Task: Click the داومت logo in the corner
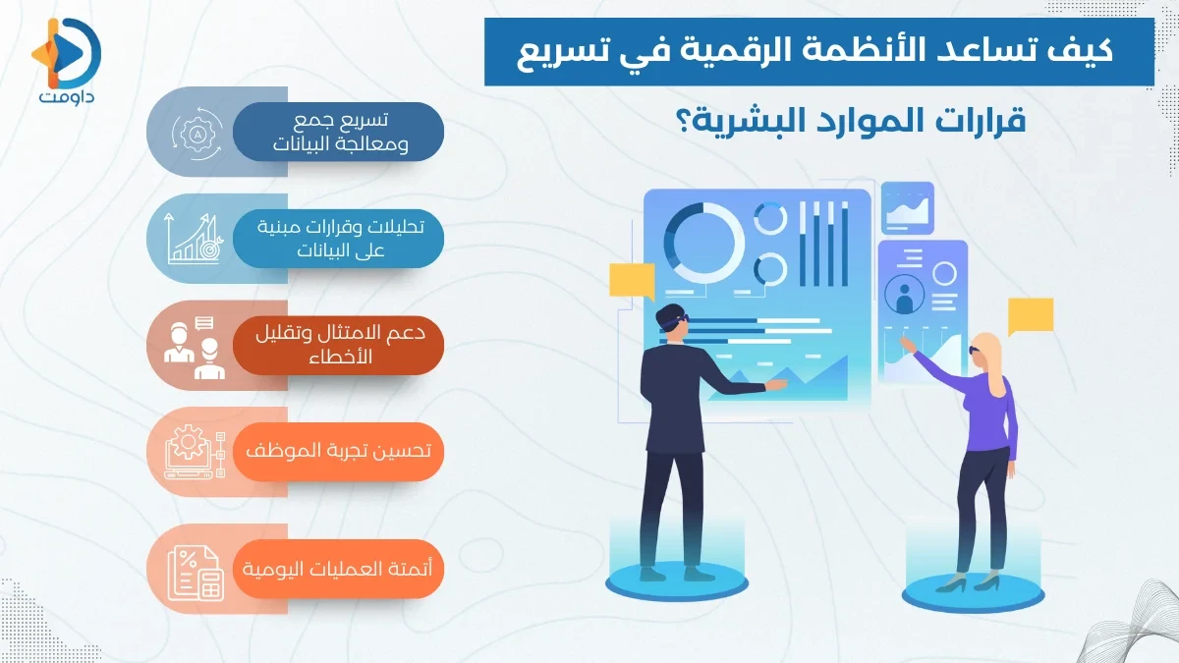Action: click(67, 59)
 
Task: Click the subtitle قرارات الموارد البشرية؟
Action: click(859, 122)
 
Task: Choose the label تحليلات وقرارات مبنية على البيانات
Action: click(339, 238)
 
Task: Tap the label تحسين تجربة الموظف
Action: click(339, 452)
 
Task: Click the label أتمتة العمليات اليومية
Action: click(339, 568)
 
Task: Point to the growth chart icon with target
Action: click(196, 239)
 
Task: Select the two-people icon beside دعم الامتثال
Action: click(192, 346)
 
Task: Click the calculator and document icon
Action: click(196, 571)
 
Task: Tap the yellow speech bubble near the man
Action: click(631, 281)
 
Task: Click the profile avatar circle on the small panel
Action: click(903, 294)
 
